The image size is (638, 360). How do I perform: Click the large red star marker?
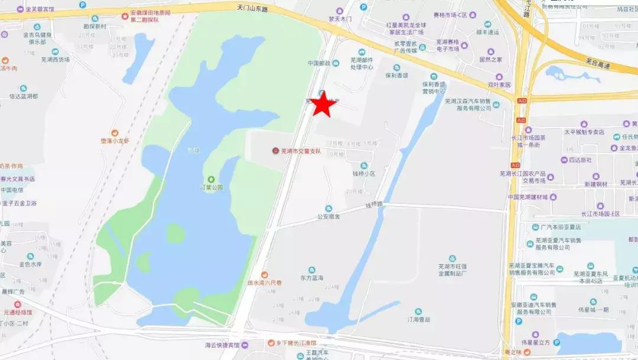[x=323, y=105]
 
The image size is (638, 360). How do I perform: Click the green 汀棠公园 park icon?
[x=211, y=179]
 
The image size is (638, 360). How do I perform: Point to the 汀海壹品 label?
[x=418, y=319]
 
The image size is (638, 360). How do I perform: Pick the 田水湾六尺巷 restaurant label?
[x=264, y=283]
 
